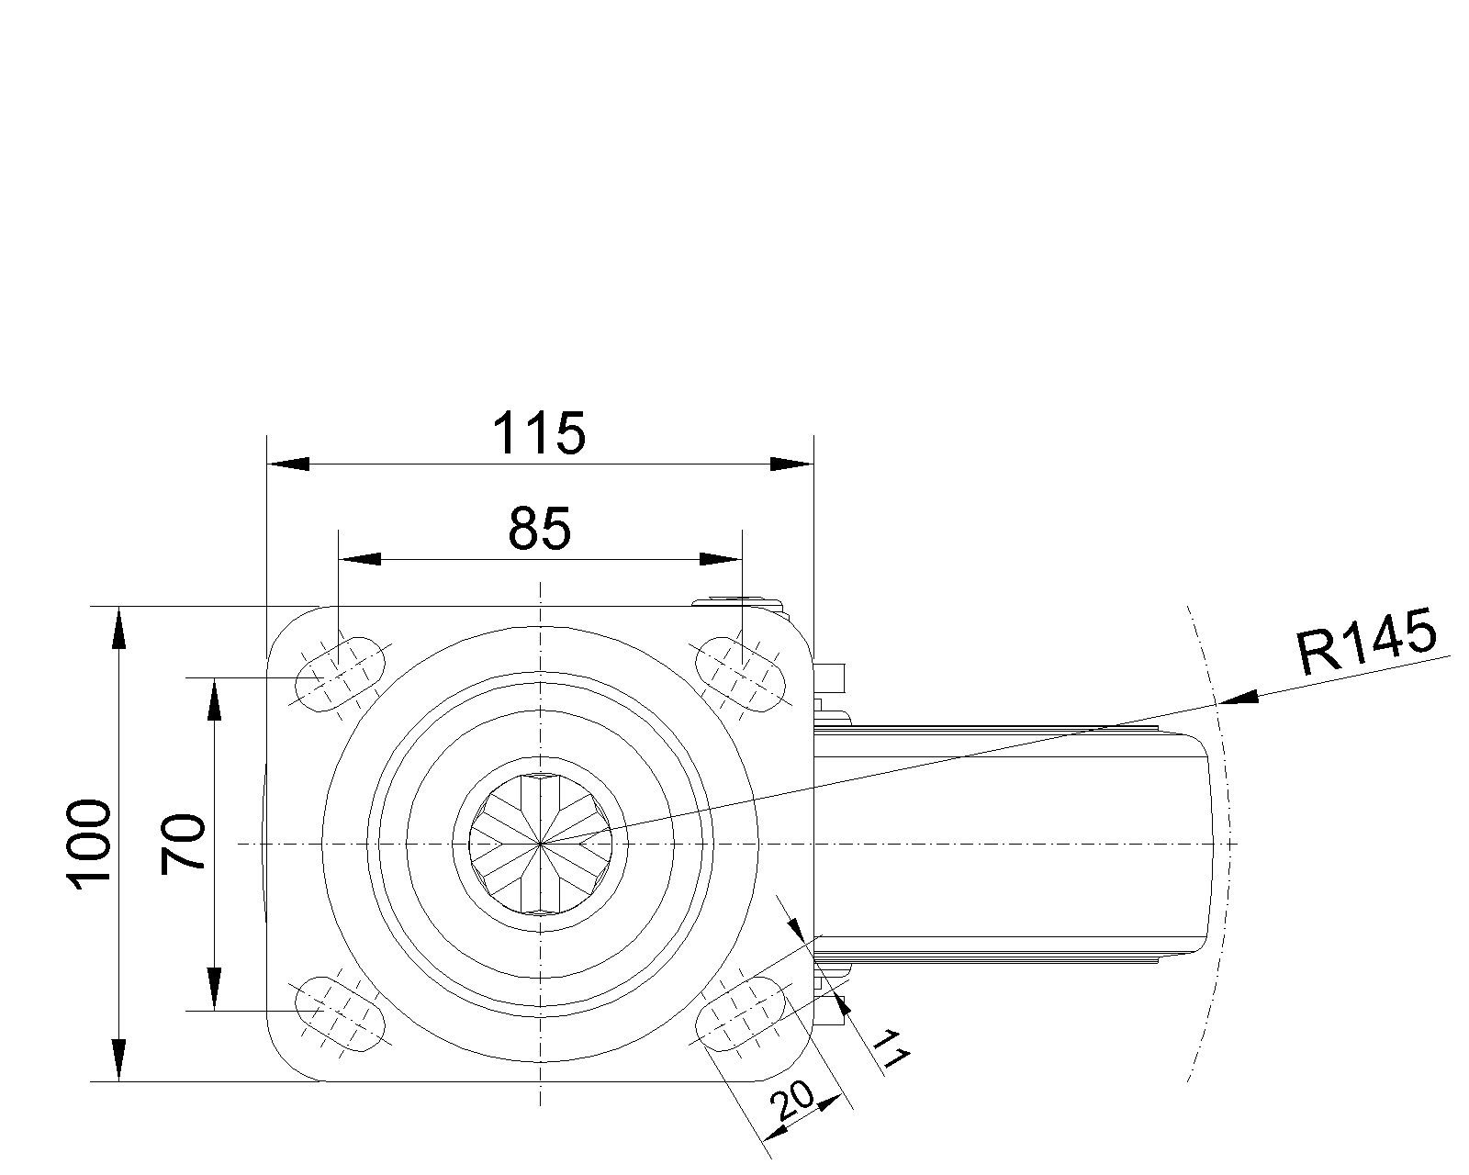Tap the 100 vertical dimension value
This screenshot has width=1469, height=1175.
[90, 843]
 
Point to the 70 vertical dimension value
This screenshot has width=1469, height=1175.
[184, 843]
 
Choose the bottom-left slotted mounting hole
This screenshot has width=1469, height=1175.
[338, 1013]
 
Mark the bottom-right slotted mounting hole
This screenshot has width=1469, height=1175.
[742, 1013]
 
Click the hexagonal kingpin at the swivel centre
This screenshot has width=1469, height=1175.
[542, 843]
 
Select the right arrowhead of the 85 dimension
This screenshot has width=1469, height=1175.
[721, 559]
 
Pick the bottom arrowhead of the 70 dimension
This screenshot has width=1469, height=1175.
[215, 990]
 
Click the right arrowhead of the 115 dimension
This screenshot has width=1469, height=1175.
[791, 464]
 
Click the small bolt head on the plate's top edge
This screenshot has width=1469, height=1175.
[739, 602]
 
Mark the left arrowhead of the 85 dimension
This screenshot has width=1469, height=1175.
[360, 559]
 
